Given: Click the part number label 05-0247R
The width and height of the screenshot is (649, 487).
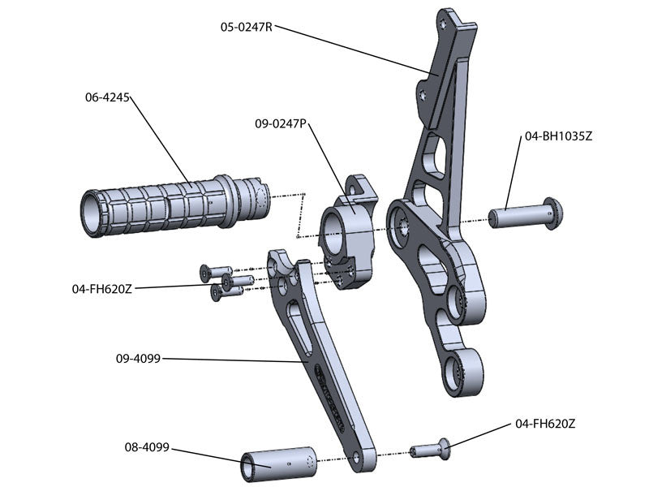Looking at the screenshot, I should point(247,27).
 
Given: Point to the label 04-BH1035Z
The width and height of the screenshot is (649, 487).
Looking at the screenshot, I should point(559,136).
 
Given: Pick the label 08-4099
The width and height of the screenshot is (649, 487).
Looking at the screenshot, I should point(147,446).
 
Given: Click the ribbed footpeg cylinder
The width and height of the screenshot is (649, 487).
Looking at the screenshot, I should point(174,205).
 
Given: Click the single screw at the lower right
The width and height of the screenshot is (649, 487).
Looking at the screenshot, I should point(431,447).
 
